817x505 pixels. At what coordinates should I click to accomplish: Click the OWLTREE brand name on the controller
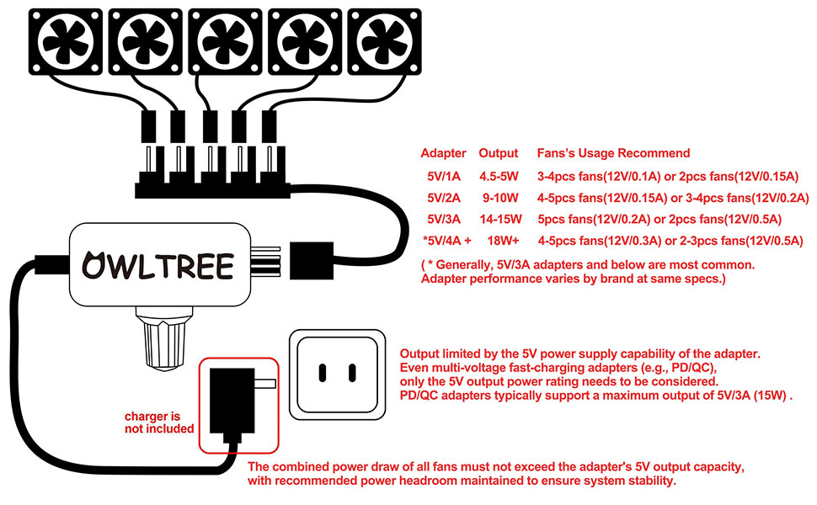point(158,265)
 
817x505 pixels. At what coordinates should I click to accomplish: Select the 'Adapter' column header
point(443,153)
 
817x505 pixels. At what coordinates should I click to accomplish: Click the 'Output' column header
point(498,153)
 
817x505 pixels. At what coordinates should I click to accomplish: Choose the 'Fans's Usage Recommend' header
point(613,153)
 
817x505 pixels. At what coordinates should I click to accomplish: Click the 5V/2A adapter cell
point(444,198)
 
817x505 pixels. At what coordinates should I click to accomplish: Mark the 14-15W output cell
point(499,220)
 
